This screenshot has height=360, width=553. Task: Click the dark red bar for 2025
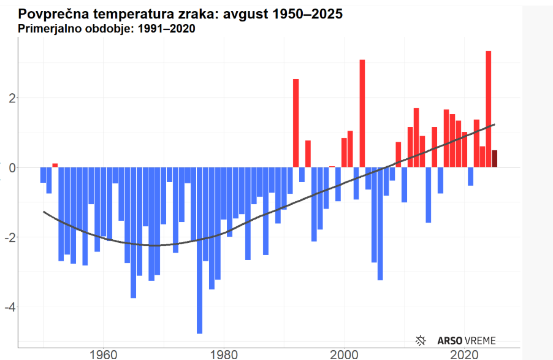point(494,158)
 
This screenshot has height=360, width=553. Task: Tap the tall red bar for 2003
point(362,113)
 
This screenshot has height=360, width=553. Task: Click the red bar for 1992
point(296,123)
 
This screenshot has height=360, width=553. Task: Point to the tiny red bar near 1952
point(55,165)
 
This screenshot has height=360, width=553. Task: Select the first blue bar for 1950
point(43,175)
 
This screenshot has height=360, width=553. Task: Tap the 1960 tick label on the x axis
point(103,354)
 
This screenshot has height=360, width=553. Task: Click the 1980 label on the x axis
point(223,354)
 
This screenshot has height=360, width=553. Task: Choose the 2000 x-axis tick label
point(344,354)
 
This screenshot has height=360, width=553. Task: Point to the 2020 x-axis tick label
point(464,354)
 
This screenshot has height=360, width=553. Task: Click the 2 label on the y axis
point(10,98)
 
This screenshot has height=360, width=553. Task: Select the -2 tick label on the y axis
point(8,237)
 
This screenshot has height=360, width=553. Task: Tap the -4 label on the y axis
point(8,307)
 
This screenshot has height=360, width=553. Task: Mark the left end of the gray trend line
point(44,212)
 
